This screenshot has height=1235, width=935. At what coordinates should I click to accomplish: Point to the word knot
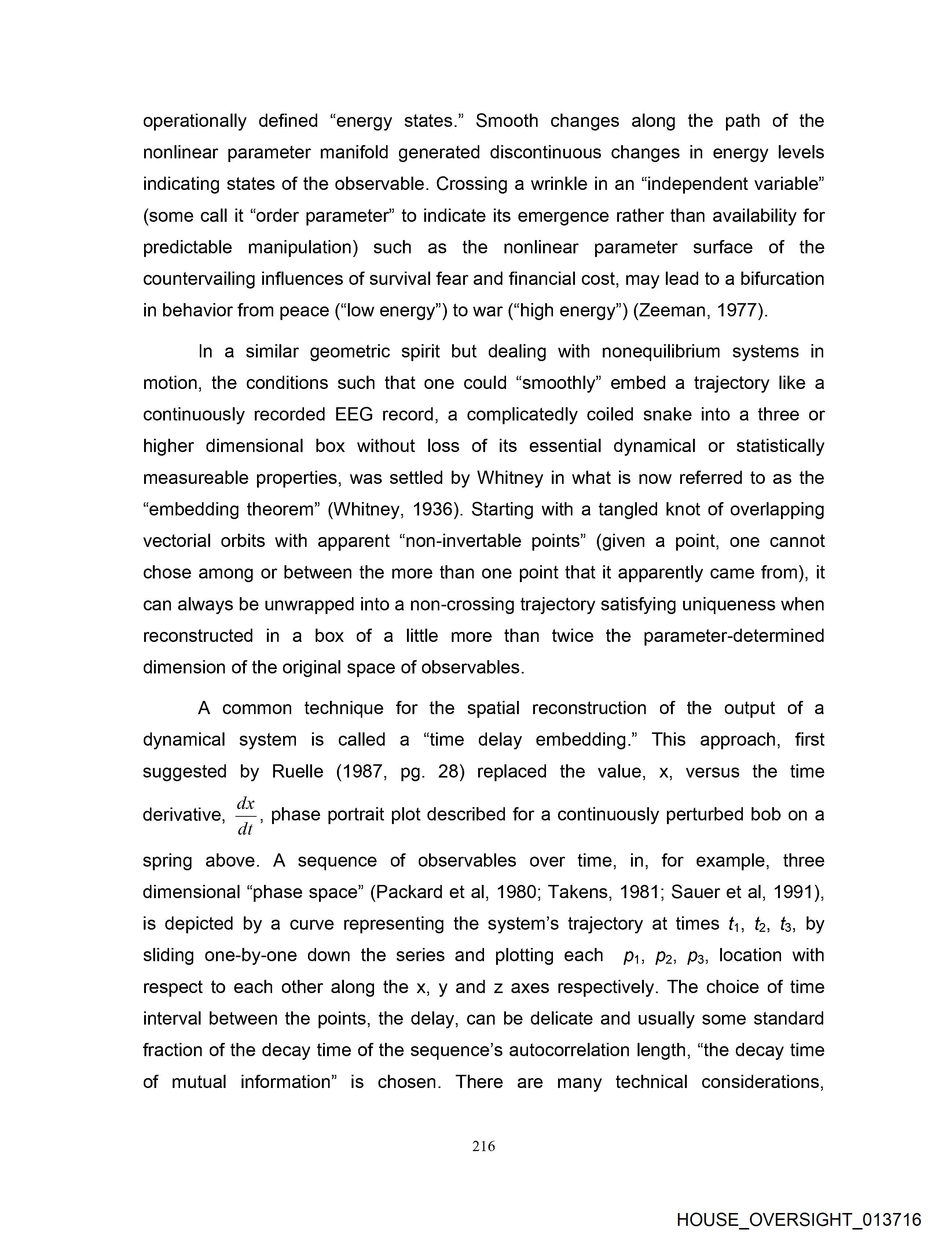(689, 509)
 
